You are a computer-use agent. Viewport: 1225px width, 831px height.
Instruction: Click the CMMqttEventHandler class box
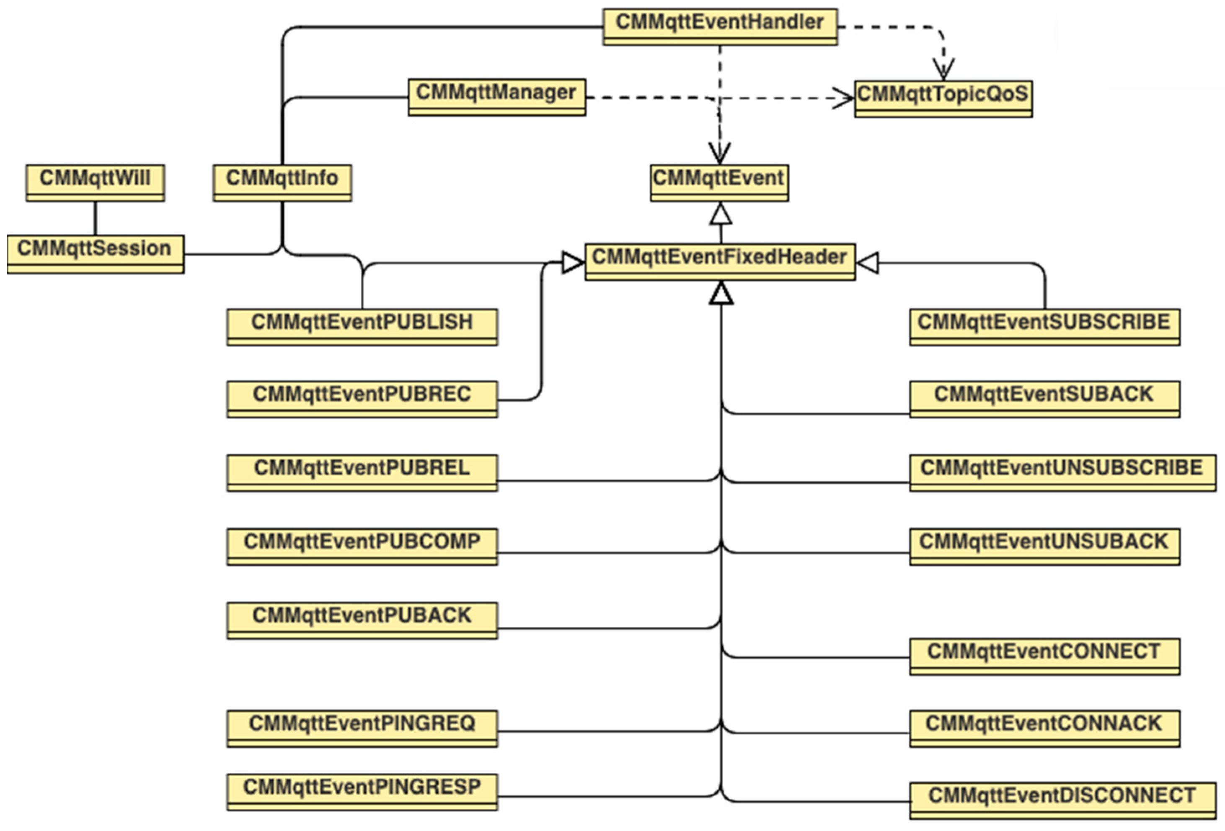click(x=720, y=26)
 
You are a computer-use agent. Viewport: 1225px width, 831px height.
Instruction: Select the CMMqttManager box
click(x=496, y=97)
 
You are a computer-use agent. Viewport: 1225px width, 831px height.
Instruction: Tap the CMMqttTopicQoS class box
click(x=943, y=98)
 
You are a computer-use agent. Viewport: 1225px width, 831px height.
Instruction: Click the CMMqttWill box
click(x=96, y=182)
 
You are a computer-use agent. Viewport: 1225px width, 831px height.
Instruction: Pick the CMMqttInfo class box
click(x=282, y=182)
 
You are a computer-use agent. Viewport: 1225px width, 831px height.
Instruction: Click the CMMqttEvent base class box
click(x=719, y=182)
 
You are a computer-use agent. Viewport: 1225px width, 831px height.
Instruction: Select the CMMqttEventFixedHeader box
click(x=720, y=261)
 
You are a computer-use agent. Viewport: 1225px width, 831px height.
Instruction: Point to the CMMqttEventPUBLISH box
click(x=362, y=326)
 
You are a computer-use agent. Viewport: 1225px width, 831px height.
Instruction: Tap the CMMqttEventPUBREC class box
click(x=362, y=399)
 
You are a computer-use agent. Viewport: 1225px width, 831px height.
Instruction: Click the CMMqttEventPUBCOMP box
click(x=362, y=546)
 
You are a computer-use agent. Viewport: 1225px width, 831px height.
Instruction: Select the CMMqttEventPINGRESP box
click(x=362, y=792)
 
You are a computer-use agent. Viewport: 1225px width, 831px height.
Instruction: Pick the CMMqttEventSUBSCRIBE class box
click(x=1044, y=326)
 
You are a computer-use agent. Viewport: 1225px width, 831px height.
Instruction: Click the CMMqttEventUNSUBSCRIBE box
click(x=1062, y=472)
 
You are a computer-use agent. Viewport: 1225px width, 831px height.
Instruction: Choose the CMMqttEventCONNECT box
click(x=1044, y=656)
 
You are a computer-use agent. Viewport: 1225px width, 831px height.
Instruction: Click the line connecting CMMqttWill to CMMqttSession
click(x=96, y=218)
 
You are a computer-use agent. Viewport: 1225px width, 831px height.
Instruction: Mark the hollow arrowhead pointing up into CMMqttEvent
click(x=721, y=214)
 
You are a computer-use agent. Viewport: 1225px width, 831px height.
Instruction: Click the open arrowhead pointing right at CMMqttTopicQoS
click(x=843, y=98)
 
